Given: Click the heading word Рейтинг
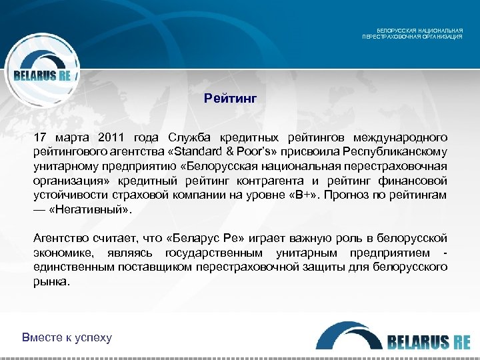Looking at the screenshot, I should [231, 99].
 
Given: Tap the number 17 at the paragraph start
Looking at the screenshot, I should [41, 137].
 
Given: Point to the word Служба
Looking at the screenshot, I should [190, 137].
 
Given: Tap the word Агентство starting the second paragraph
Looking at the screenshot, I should [61, 238].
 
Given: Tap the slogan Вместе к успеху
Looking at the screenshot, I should [67, 337].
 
